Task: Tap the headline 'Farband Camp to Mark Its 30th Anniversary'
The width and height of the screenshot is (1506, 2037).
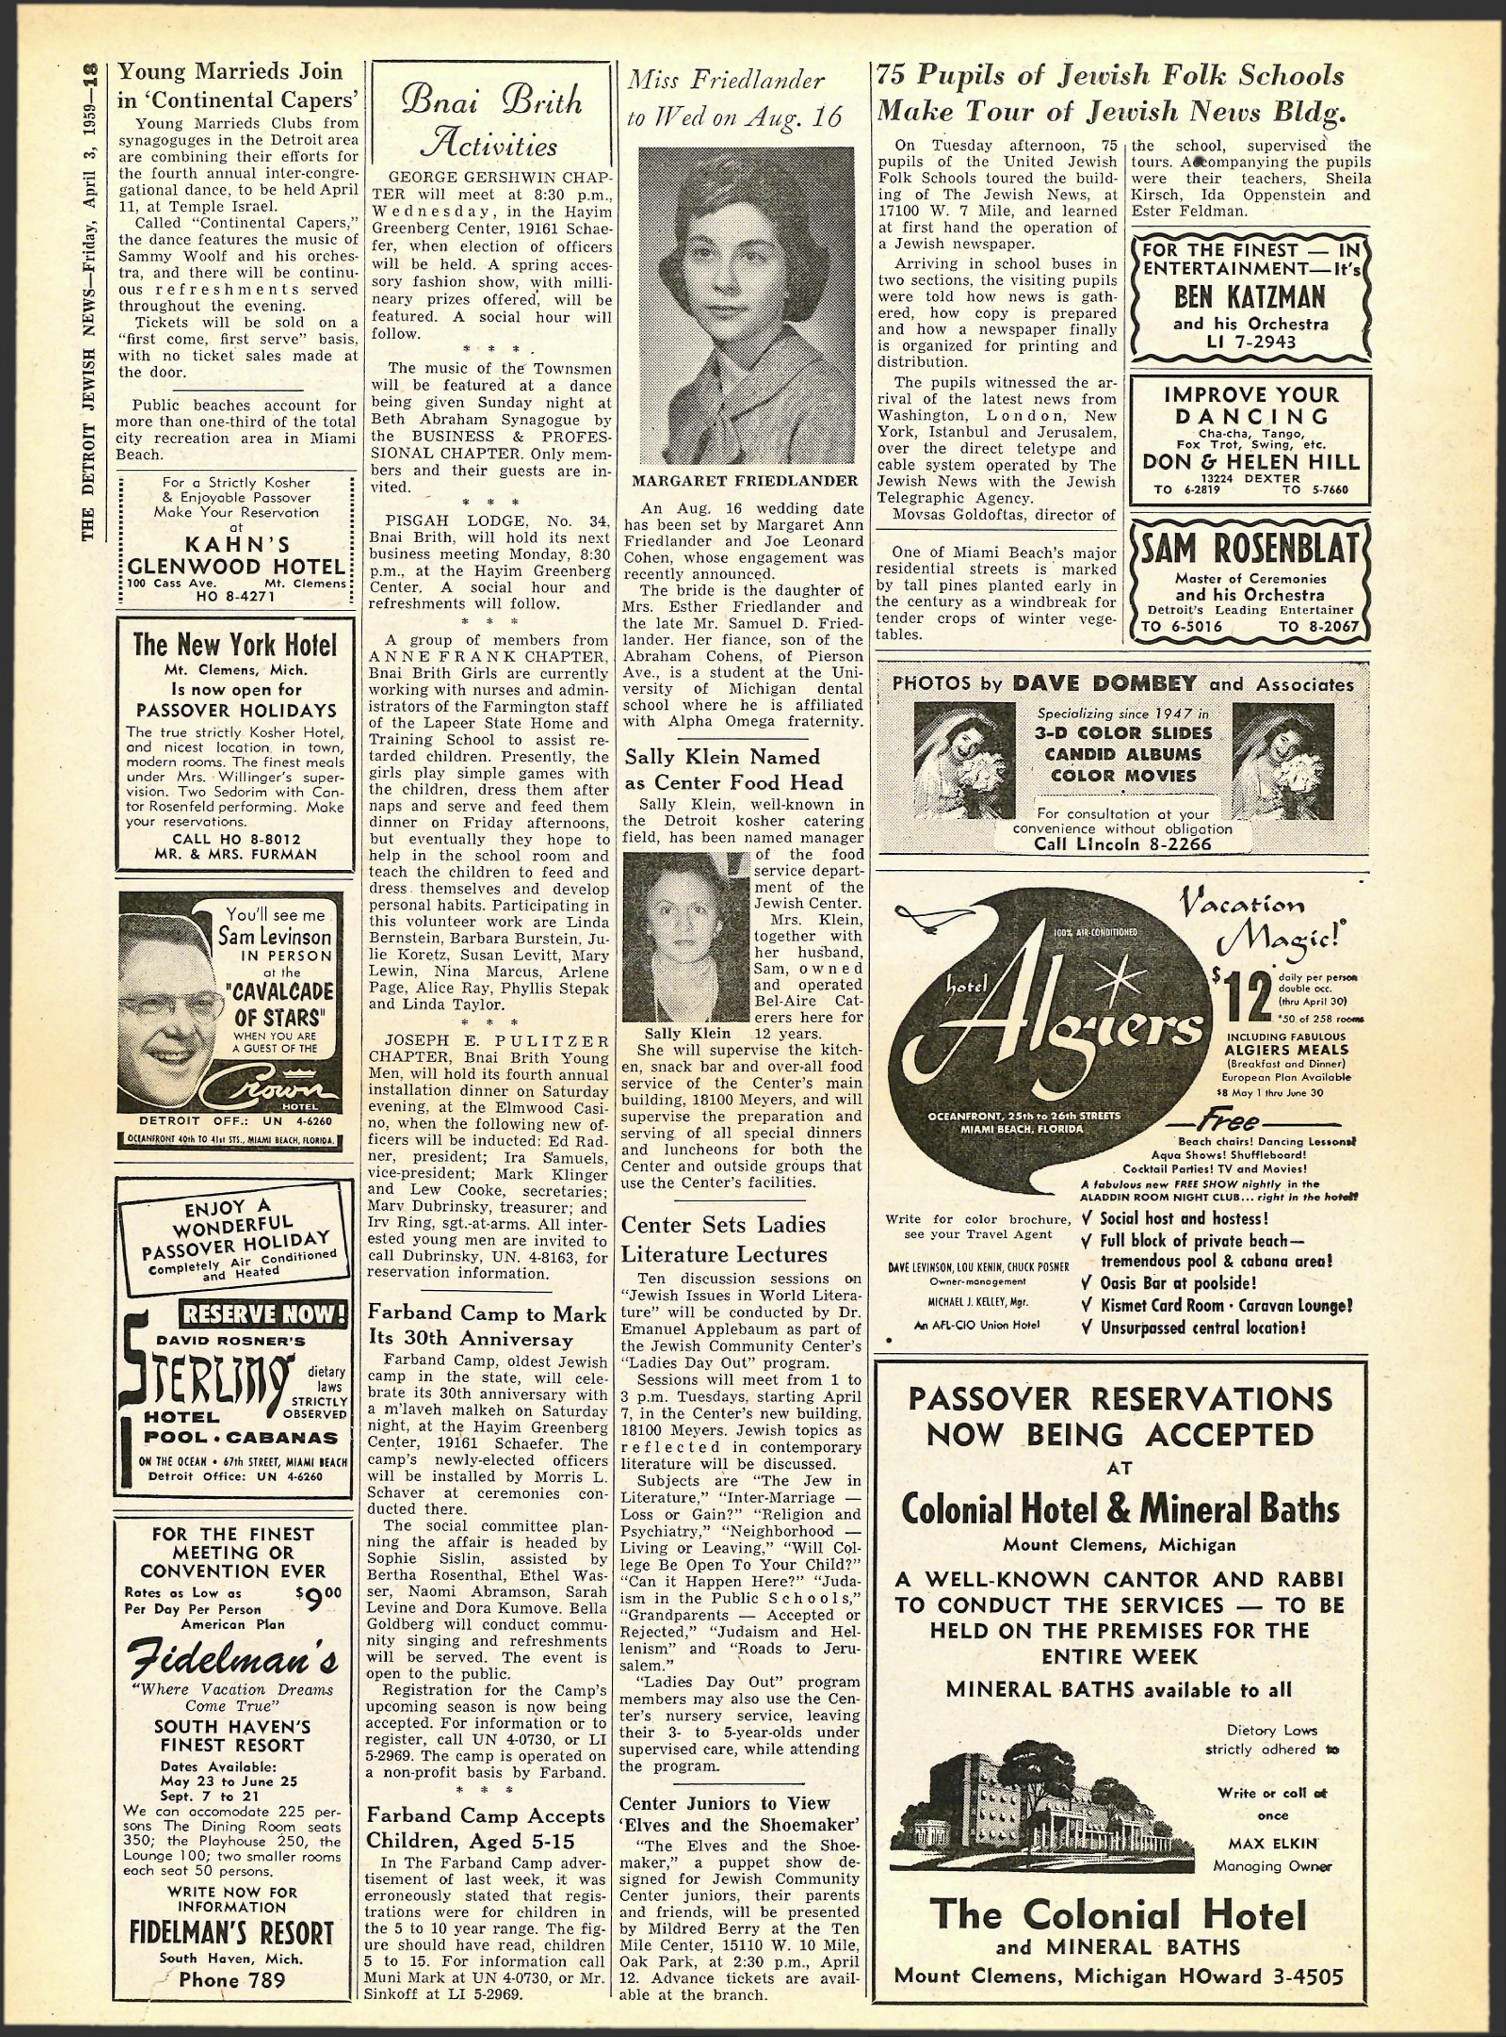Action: pyautogui.click(x=487, y=1326)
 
